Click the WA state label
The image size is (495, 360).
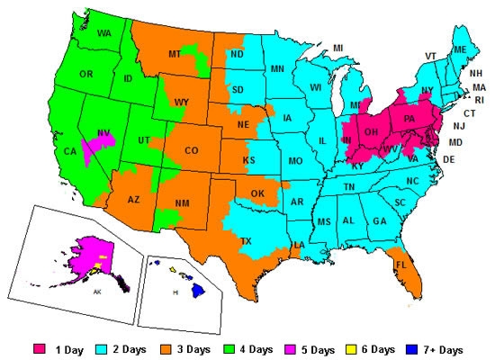(104, 33)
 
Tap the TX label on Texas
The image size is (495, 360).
(247, 242)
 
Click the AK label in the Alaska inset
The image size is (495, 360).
(96, 292)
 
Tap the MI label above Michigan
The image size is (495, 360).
(337, 48)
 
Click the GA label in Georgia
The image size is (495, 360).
(379, 221)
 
